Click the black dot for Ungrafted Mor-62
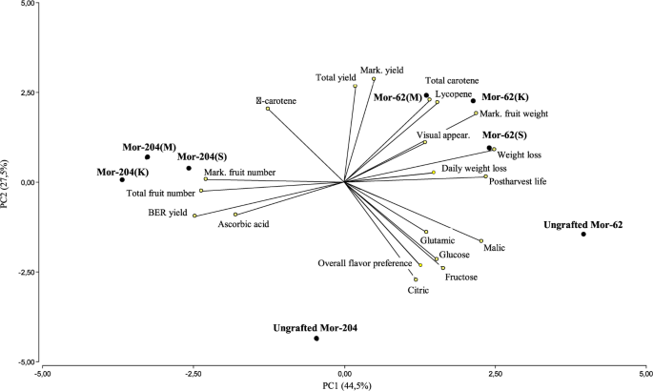pos(583,234)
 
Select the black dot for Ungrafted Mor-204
pos(316,339)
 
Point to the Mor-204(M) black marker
pos(148,157)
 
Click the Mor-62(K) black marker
pos(473,100)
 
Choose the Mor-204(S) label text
pos(200,156)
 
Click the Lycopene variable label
pos(453,94)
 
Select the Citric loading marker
pos(416,279)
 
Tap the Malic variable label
pos(495,249)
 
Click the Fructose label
pos(461,278)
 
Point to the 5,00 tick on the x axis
pos(645,373)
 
